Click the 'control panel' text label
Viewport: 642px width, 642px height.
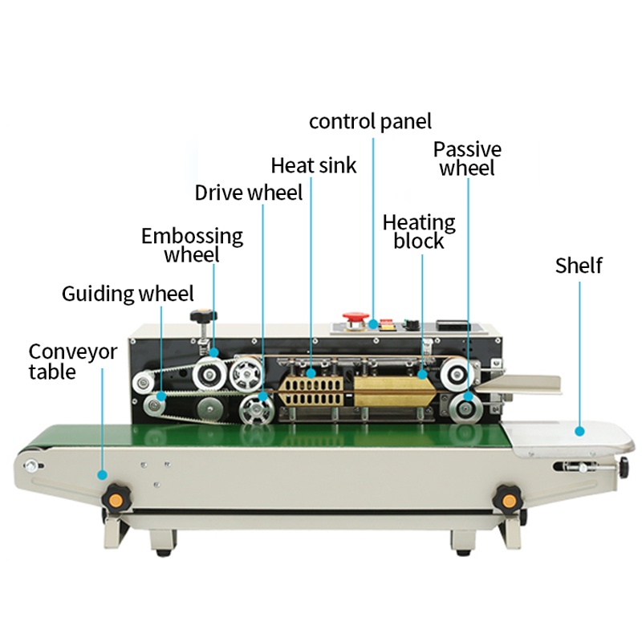(370, 122)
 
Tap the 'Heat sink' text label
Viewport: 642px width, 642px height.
(314, 165)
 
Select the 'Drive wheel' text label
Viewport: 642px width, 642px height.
(249, 193)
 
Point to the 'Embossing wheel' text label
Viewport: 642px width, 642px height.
(192, 245)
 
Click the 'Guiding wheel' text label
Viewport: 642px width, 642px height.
(128, 294)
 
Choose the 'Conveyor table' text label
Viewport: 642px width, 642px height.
(72, 362)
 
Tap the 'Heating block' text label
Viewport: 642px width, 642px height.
(419, 231)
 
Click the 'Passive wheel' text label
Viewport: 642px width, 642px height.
(467, 159)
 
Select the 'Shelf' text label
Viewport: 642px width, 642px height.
(579, 266)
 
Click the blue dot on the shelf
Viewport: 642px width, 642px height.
(579, 431)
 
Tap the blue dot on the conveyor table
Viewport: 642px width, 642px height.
(103, 475)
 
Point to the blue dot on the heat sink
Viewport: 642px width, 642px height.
(311, 373)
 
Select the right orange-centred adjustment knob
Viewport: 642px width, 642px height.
(509, 500)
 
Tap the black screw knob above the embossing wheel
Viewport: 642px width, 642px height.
(204, 316)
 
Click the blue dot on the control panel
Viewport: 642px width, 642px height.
(372, 324)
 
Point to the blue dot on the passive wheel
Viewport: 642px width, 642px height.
(468, 396)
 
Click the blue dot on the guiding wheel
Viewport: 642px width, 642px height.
(161, 396)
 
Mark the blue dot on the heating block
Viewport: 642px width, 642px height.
(423, 374)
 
